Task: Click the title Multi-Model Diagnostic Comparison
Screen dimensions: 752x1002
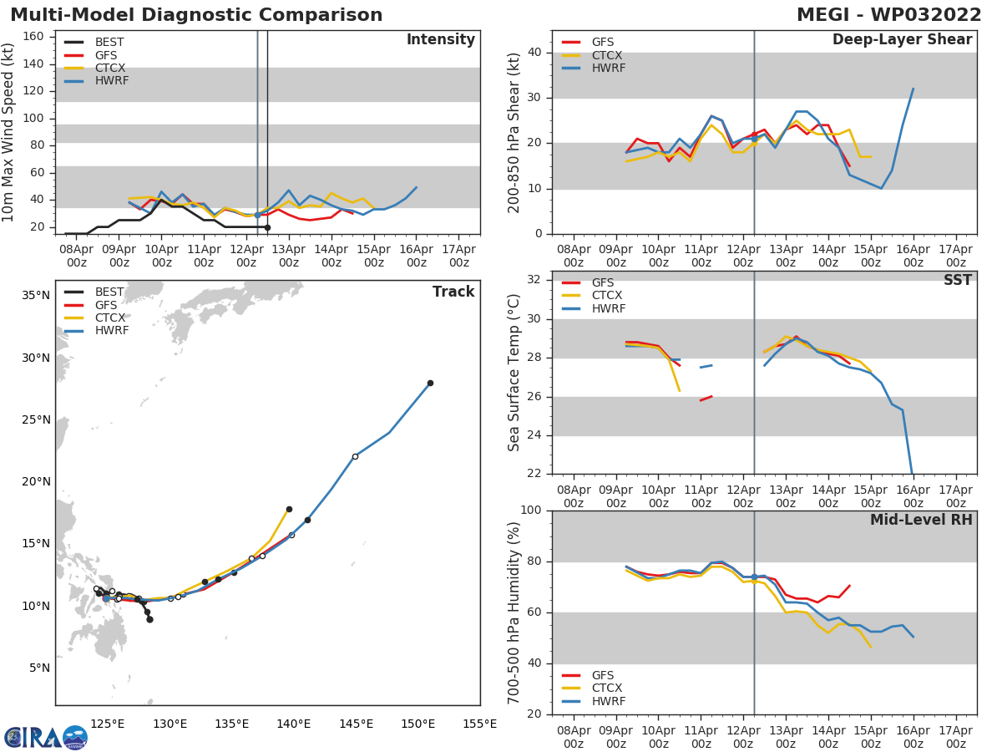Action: [196, 15]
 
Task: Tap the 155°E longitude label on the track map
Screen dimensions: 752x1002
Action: [479, 724]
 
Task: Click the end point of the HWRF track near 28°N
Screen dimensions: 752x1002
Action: [430, 383]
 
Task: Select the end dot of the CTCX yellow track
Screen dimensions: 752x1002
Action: [289, 509]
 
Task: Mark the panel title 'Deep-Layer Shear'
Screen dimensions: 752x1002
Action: [902, 40]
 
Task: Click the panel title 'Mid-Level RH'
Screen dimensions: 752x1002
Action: [921, 520]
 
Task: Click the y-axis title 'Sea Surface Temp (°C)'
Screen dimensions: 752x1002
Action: [514, 373]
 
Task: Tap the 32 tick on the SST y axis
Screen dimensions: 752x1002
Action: [534, 280]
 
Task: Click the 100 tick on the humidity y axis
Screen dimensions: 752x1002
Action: [531, 511]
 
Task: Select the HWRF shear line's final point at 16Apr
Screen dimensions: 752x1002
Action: [913, 89]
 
